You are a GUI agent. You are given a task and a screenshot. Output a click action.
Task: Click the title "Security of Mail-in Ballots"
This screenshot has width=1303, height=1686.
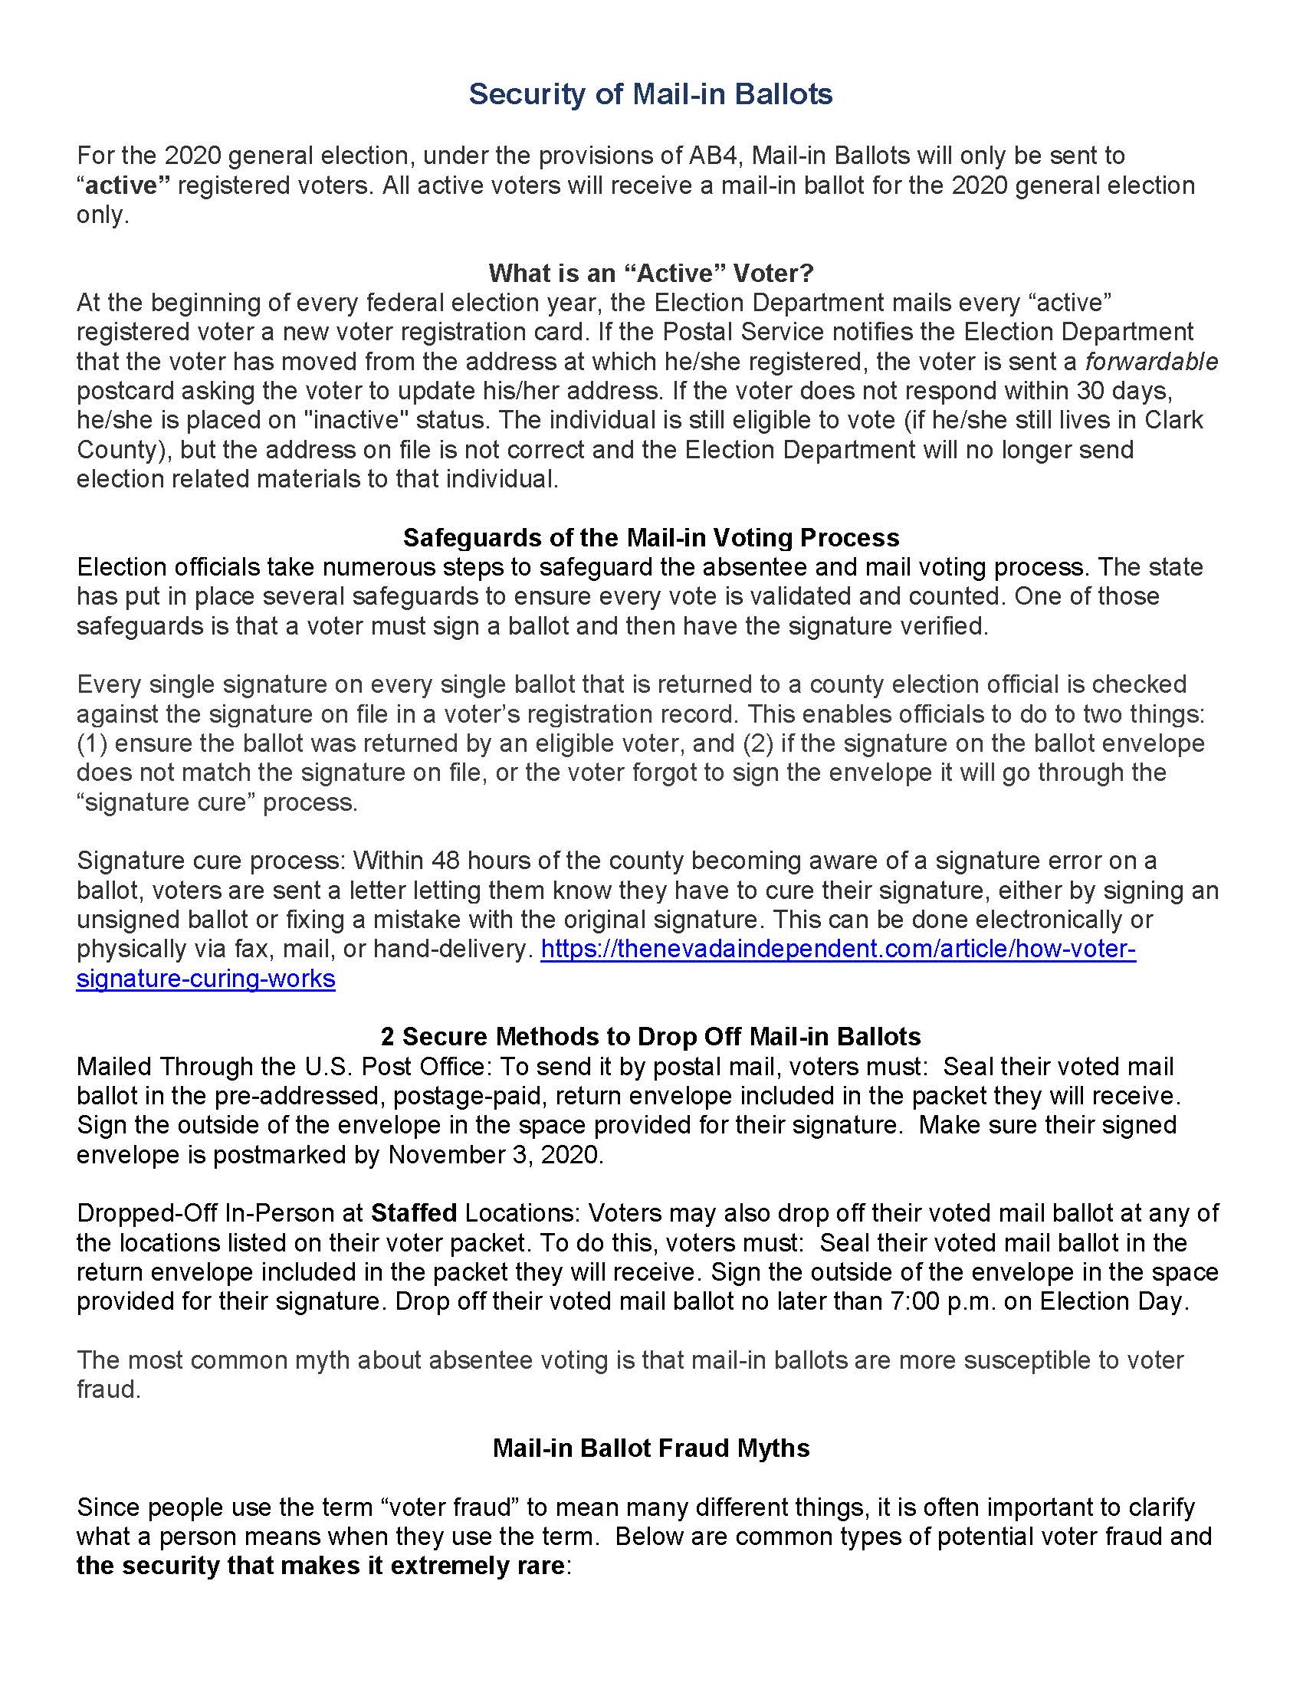point(651,94)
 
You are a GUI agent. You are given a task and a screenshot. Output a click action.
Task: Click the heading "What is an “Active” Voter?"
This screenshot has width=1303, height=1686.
point(651,273)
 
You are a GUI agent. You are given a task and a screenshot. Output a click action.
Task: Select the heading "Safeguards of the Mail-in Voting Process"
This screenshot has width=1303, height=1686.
point(651,537)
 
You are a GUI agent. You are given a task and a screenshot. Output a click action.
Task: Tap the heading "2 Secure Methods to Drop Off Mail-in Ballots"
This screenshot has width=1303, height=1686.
point(651,1036)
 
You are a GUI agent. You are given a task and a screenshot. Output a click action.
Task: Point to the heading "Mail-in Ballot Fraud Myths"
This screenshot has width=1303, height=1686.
point(651,1448)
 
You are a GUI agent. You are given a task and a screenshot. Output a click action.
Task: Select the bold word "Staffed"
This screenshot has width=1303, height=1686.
point(414,1213)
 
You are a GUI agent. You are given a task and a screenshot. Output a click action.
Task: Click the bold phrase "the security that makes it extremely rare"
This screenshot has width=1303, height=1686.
point(320,1566)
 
